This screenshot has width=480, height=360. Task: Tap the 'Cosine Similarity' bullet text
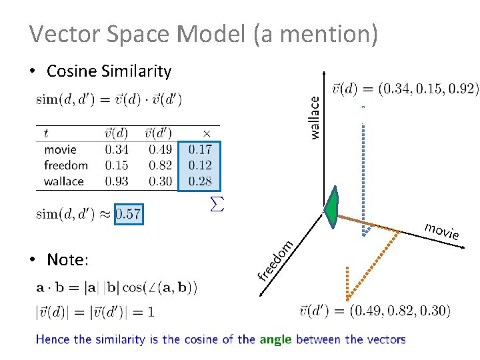coord(109,71)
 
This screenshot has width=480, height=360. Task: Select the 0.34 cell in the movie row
coord(117,149)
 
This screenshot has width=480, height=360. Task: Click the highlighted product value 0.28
coord(200,181)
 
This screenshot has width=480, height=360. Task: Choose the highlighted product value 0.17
coord(200,149)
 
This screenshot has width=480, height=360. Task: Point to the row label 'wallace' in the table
coord(64,181)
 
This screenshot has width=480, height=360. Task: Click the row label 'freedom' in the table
coord(66,165)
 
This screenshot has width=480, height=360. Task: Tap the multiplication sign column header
coord(206,133)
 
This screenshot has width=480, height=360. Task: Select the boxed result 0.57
coord(128,214)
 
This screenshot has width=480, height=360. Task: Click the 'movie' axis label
coord(442,231)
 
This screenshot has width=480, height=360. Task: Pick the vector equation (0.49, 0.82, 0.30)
coord(375,311)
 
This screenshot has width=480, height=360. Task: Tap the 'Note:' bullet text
coord(67,259)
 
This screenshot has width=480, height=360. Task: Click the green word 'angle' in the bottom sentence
coord(275,339)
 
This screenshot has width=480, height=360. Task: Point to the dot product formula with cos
coord(117,288)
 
